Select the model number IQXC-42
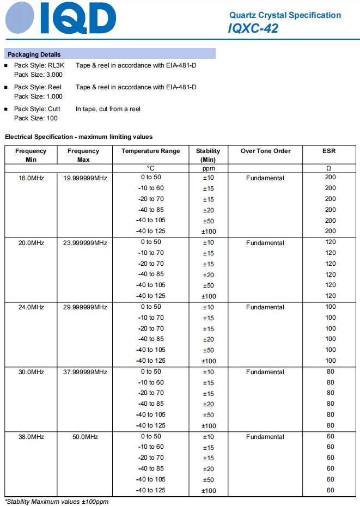tap(253, 29)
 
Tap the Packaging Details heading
tap(34, 54)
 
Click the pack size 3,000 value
tap(53, 75)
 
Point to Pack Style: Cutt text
tap(37, 109)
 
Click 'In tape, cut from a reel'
tap(108, 109)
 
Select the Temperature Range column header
tap(150, 151)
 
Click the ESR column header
tap(329, 151)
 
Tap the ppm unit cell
tap(208, 168)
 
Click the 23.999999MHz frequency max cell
tap(85, 243)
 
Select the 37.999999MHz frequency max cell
tap(85, 372)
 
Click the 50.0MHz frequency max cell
tap(85, 437)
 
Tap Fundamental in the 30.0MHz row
tap(265, 372)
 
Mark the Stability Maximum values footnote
tap(57, 501)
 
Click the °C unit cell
tap(151, 168)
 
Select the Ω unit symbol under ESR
tap(329, 168)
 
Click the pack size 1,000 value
tap(53, 96)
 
